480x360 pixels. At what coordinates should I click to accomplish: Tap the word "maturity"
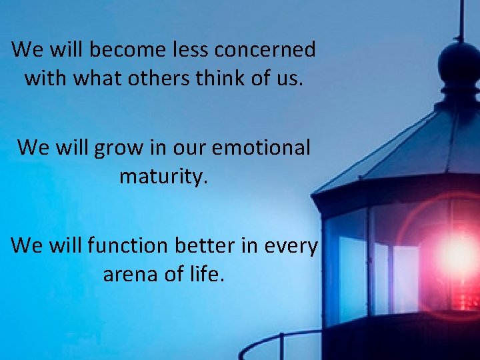[x=163, y=177]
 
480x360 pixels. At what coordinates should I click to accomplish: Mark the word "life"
[x=203, y=274]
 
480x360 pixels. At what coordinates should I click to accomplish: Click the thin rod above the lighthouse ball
[x=460, y=20]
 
